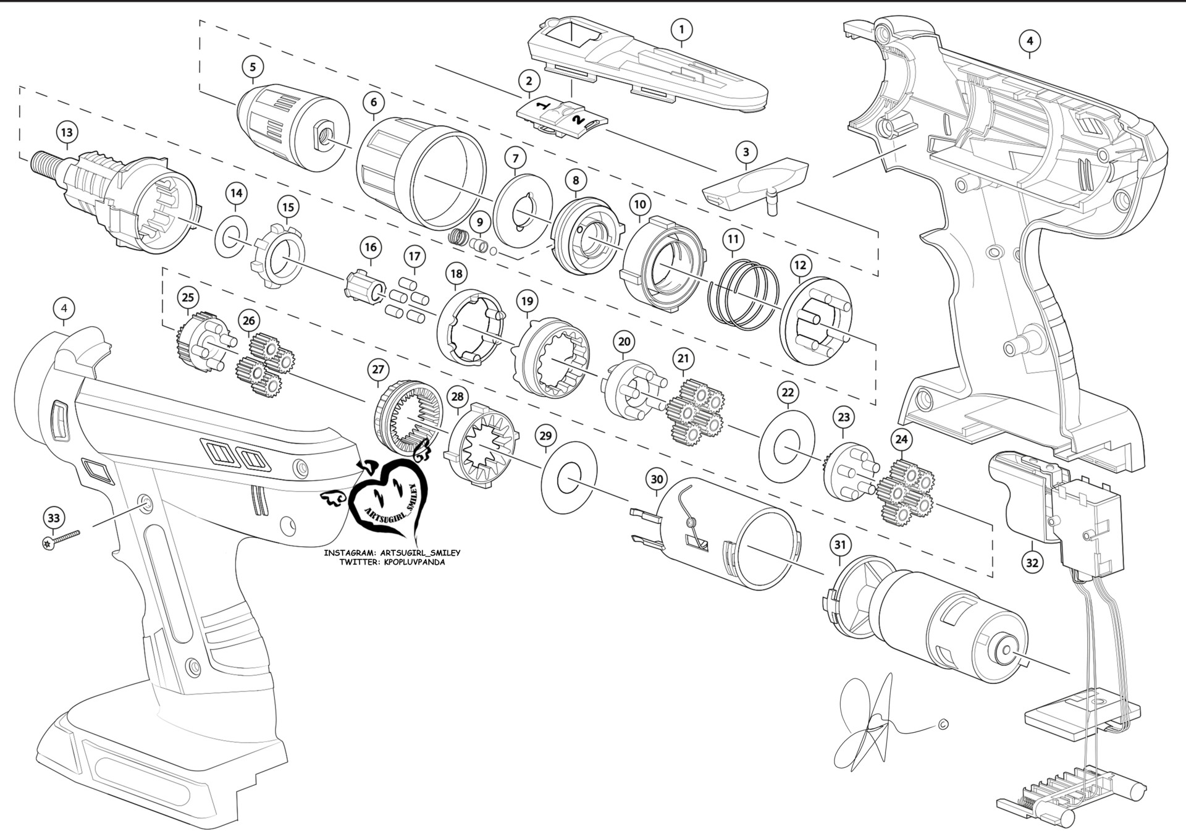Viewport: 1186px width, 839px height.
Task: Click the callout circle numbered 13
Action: pos(67,132)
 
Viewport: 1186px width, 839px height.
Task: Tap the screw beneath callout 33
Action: pos(62,539)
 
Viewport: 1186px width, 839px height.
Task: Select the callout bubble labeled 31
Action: pos(839,545)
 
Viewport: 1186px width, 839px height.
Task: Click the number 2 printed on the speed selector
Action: pos(578,120)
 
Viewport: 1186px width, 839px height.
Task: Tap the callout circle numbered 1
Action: pos(681,29)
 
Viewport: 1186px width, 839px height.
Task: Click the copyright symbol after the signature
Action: pos(943,725)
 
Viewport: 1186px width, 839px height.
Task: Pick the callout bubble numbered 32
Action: pos(1032,562)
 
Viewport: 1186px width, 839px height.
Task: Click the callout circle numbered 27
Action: pos(378,370)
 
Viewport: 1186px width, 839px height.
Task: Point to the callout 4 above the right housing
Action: pos(1029,41)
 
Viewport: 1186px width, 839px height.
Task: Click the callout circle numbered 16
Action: pos(370,248)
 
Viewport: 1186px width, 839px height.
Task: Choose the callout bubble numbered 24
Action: pos(901,439)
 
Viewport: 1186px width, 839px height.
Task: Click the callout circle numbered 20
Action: pos(625,342)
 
